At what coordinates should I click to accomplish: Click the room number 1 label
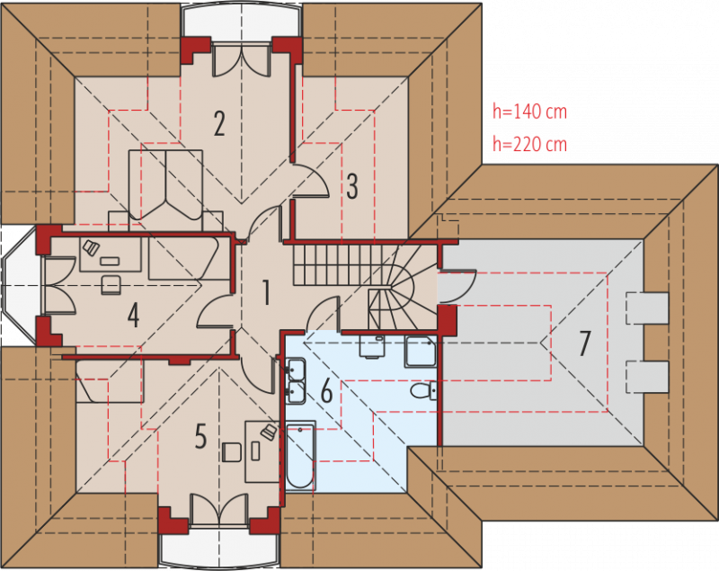tap(266, 292)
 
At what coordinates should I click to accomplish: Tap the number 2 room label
tap(219, 123)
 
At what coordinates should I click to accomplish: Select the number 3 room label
tap(351, 186)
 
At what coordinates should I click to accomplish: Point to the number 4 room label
tap(133, 315)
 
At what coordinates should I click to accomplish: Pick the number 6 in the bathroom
tap(326, 391)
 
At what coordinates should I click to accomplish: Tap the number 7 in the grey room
tap(583, 343)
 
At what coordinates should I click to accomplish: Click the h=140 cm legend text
tap(529, 112)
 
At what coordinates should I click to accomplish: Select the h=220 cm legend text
tap(529, 144)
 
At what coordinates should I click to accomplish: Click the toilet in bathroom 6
tap(423, 391)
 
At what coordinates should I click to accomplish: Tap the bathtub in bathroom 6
tap(300, 456)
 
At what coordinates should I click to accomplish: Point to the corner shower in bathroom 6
tap(421, 352)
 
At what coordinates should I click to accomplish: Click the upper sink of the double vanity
tap(296, 368)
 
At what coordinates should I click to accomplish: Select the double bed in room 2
tap(165, 184)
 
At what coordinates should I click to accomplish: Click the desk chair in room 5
tap(232, 451)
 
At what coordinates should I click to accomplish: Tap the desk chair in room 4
tap(111, 284)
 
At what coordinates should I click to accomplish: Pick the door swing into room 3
tap(311, 181)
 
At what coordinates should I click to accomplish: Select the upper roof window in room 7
tap(646, 308)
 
